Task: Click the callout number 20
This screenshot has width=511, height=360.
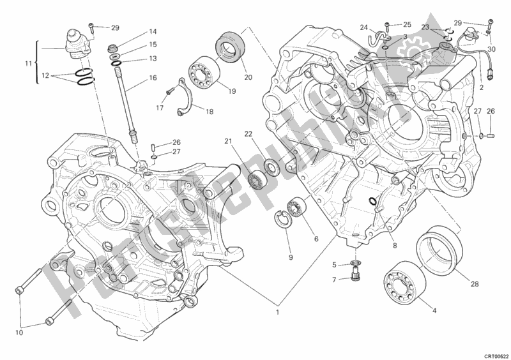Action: click(248, 78)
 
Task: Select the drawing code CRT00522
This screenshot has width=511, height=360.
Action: click(496, 355)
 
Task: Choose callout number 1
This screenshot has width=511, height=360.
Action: click(277, 313)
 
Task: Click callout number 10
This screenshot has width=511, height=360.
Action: click(20, 331)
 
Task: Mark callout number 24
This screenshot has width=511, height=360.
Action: click(363, 27)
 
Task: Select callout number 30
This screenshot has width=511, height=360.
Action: click(491, 49)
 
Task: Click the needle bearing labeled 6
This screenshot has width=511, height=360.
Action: click(296, 207)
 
